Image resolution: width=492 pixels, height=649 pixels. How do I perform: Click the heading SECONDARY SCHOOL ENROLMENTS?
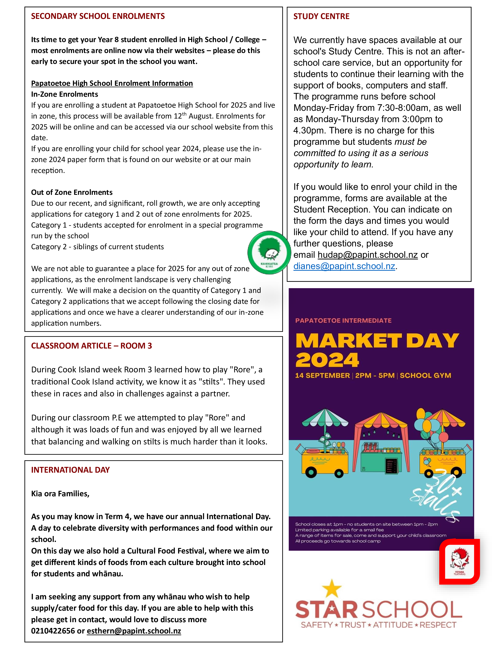click(98, 16)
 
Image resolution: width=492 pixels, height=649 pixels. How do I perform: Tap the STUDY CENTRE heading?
click(321, 16)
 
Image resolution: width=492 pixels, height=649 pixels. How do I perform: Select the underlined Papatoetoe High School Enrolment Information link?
click(112, 83)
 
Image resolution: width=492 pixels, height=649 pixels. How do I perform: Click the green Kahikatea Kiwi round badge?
click(269, 253)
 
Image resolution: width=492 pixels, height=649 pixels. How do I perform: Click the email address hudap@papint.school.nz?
click(367, 255)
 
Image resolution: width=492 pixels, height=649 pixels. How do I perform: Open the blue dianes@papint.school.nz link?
click(344, 266)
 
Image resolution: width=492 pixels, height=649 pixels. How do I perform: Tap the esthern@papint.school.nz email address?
click(134, 631)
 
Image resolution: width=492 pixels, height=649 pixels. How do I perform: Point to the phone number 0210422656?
click(53, 631)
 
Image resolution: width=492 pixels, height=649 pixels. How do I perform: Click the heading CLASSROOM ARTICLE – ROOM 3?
click(91, 346)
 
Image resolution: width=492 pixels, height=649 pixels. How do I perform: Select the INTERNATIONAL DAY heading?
click(70, 470)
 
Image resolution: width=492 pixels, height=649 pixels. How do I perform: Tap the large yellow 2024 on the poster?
click(327, 360)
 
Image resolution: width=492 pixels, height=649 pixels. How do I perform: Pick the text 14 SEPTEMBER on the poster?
click(322, 376)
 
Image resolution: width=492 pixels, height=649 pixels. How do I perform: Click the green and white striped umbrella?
click(325, 418)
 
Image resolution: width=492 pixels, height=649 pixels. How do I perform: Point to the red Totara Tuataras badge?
click(459, 562)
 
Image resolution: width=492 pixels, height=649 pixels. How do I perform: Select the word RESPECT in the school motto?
click(438, 625)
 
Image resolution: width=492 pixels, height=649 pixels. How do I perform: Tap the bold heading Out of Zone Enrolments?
click(72, 192)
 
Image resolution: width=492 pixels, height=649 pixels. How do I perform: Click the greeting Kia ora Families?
click(60, 494)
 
